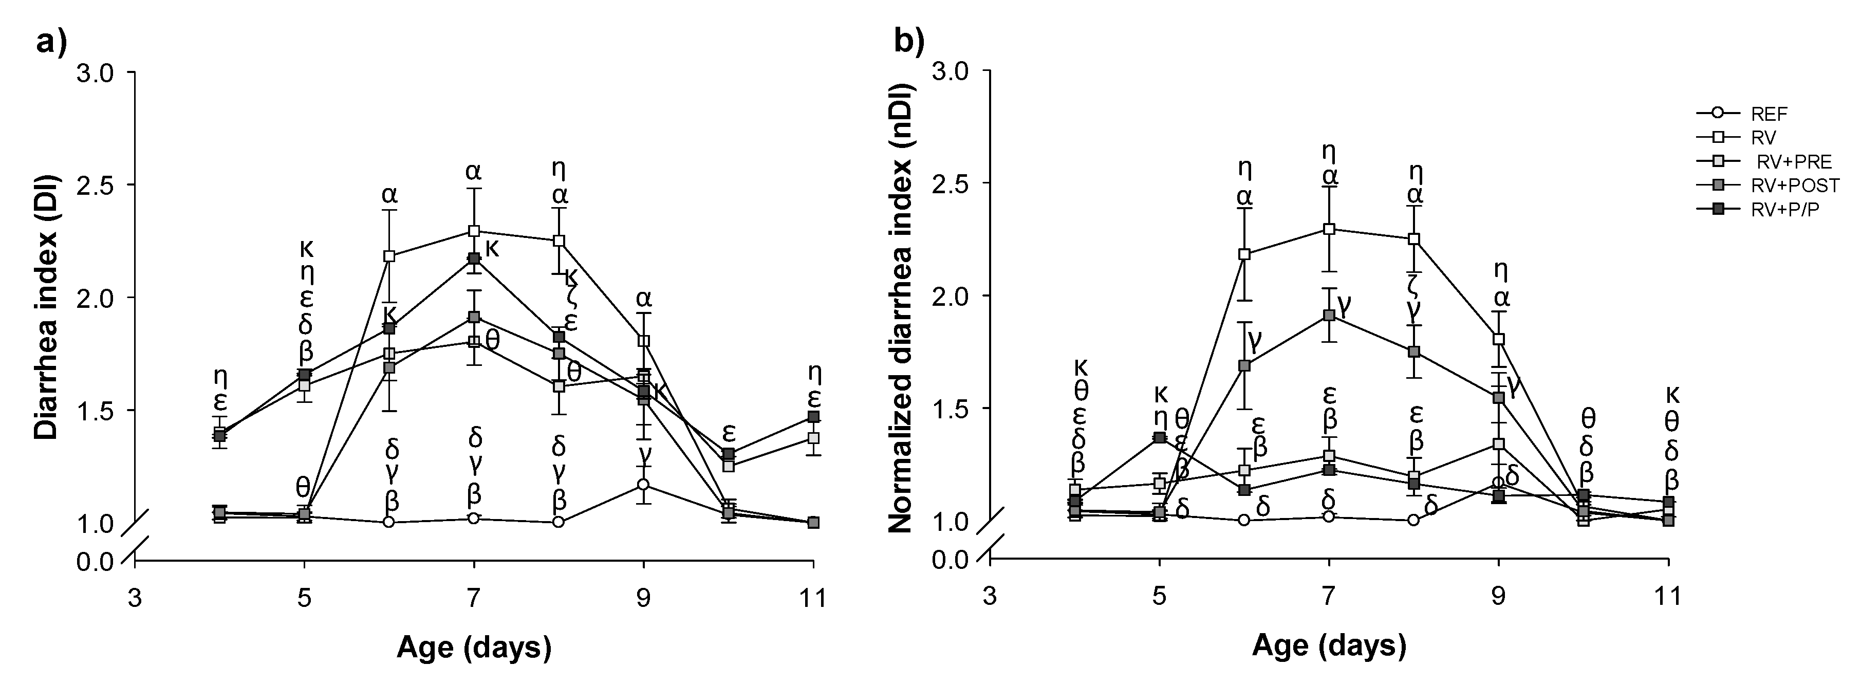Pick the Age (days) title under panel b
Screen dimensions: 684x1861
(x=1329, y=645)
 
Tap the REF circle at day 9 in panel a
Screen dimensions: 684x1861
(x=643, y=485)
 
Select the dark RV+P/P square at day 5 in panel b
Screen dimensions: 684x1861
(x=1160, y=438)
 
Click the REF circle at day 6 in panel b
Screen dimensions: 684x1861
(x=1244, y=520)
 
